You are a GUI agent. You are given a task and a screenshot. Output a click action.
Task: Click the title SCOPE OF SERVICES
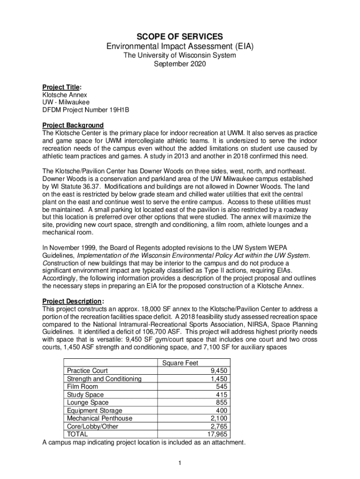click(x=180, y=36)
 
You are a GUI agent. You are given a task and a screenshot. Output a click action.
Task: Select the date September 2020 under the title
click(x=180, y=64)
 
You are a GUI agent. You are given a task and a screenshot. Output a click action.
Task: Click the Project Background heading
click(x=72, y=125)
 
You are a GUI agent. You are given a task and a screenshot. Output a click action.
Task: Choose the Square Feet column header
click(x=180, y=363)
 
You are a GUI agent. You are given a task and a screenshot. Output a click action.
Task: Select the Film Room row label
click(x=82, y=386)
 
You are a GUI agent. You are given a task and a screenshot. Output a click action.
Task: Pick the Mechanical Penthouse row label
click(x=99, y=418)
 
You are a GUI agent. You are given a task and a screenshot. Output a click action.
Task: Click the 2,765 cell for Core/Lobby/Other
click(x=219, y=426)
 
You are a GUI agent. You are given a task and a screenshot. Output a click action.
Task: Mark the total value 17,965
click(x=217, y=434)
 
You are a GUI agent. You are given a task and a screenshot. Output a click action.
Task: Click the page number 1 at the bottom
click(x=180, y=463)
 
